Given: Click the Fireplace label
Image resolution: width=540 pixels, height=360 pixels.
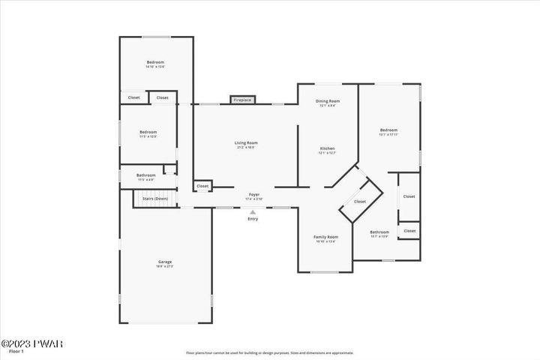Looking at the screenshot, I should (x=242, y=100).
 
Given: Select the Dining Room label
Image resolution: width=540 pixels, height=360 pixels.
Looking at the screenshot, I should (x=327, y=101).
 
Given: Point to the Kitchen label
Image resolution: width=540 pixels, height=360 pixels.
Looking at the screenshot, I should (x=327, y=148).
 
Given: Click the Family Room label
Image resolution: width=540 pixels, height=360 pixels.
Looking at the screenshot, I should (x=325, y=237).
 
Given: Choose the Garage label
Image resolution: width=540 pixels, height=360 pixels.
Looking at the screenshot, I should (x=164, y=262).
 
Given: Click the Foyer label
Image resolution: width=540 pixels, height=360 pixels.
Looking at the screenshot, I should (x=254, y=194).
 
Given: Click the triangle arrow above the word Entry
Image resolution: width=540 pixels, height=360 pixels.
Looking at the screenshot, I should (x=253, y=212).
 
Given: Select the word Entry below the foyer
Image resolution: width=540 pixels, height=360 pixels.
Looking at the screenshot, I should (x=253, y=219).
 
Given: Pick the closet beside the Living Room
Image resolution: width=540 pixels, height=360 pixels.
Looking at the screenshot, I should (x=202, y=186).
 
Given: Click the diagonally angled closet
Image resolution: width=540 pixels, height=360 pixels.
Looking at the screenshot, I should (x=360, y=201).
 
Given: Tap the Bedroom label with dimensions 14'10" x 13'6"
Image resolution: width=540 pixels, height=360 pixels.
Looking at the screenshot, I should (x=155, y=62).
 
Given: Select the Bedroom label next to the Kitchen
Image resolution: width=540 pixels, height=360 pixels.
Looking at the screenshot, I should (x=388, y=130).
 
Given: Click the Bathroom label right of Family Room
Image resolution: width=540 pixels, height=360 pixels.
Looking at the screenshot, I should (x=379, y=232).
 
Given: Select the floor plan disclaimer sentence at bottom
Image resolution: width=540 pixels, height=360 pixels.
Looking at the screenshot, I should (x=269, y=352).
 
